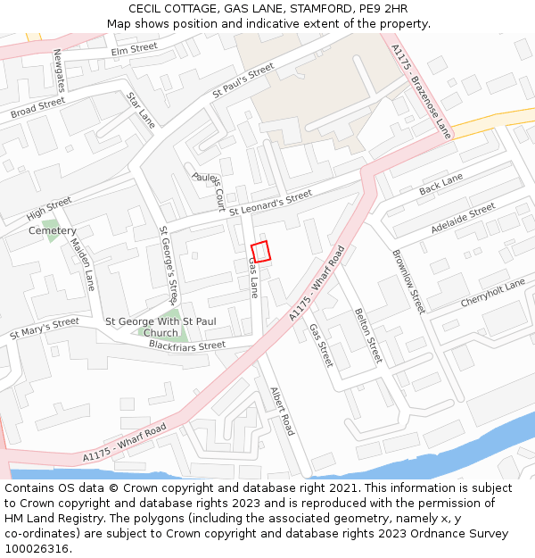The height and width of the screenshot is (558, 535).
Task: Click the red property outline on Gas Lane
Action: pos(260,251)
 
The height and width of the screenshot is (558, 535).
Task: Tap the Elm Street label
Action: pos(134,50)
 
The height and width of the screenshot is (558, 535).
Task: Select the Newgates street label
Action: pos(61,71)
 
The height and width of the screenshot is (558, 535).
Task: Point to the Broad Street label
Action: pos(37,109)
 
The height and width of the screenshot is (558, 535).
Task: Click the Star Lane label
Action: pos(141,110)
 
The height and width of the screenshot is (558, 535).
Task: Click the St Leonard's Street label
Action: pos(270,202)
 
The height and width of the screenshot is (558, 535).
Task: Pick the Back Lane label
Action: pos(440,185)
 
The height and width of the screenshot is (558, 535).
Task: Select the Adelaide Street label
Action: pos(463,219)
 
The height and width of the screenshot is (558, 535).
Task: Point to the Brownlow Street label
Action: pos(409,280)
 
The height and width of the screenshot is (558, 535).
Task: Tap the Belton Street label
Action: pos(367,336)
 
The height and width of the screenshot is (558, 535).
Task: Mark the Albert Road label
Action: pos(282,411)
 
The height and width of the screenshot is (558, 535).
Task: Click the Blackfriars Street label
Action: pos(187,346)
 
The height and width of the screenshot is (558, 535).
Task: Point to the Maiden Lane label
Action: pos(82,264)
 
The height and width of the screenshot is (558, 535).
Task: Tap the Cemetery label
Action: pos(52,231)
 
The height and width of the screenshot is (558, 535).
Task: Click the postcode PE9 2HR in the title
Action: pos(378,9)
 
